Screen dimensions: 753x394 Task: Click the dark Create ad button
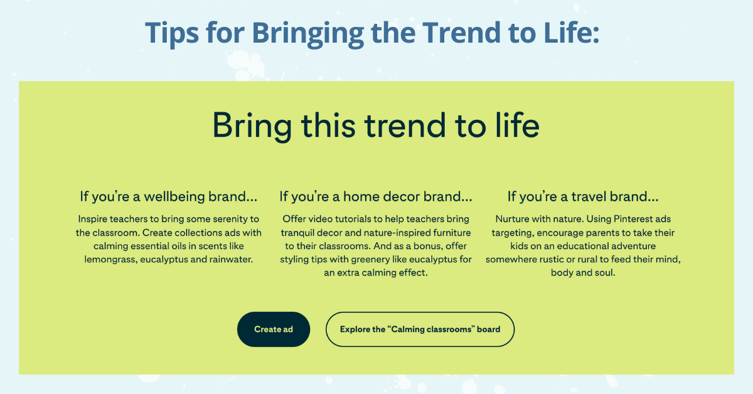point(274,329)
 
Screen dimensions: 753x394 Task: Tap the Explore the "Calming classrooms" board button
point(420,329)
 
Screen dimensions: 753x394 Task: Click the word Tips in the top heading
point(172,33)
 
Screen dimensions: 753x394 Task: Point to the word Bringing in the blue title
point(308,33)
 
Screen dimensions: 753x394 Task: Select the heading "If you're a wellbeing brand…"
point(168,196)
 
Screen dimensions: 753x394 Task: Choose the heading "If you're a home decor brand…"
point(376,196)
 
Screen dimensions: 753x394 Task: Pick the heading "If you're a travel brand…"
point(583,196)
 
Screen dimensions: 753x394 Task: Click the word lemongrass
point(110,260)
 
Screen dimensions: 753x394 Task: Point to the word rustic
point(552,260)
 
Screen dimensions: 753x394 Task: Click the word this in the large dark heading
point(328,125)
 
